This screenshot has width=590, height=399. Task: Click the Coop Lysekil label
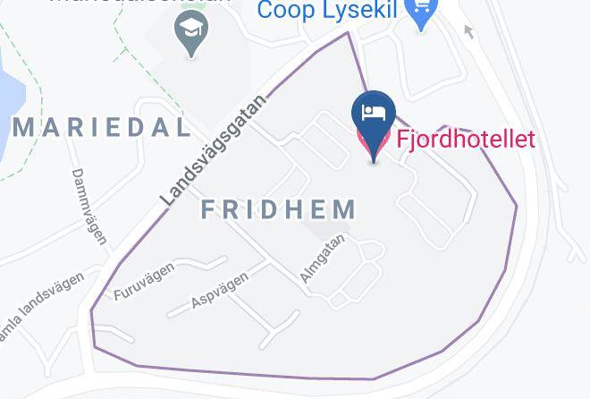[x=329, y=11]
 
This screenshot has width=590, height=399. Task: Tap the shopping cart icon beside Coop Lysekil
[x=420, y=13]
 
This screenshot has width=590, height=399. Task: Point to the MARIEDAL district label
[x=102, y=127]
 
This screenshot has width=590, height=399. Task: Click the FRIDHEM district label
[x=279, y=210]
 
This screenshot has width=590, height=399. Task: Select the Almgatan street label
[x=322, y=259]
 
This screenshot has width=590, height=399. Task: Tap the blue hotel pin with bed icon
[x=374, y=115]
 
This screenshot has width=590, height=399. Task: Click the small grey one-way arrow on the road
[x=468, y=33]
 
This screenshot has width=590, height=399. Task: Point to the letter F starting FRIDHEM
[x=207, y=210]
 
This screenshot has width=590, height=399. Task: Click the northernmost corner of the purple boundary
[x=349, y=33]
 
